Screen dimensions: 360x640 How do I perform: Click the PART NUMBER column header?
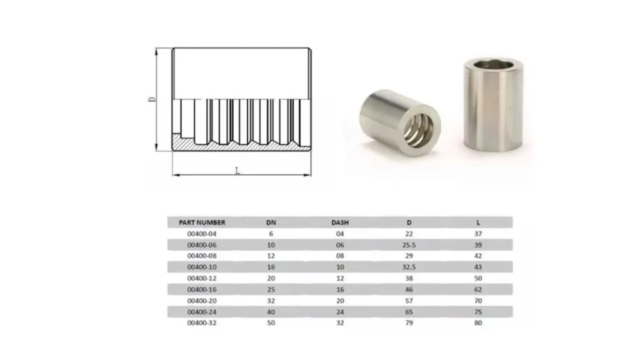pos(202,222)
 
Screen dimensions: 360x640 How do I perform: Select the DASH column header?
pos(340,222)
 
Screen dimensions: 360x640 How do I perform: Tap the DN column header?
pos(271,222)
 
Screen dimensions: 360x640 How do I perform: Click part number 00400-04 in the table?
pos(202,234)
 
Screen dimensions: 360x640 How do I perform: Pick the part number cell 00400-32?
pos(202,322)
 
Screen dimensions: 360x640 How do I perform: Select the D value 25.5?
pos(409,245)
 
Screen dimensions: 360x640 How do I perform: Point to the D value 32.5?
pos(409,267)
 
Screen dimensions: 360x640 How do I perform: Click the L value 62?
pos(478,289)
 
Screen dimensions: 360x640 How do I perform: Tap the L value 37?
pos(478,234)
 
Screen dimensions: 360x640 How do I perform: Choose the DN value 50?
pos(271,322)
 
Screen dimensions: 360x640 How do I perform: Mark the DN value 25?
pos(271,289)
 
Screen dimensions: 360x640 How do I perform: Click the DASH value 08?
pos(340,256)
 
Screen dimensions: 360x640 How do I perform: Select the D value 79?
pos(409,322)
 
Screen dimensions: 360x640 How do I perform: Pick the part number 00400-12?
pos(202,278)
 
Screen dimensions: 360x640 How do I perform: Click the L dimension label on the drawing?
pos(237,170)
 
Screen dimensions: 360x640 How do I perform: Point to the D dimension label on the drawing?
pos(152,100)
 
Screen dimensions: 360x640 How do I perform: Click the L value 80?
pos(478,322)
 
